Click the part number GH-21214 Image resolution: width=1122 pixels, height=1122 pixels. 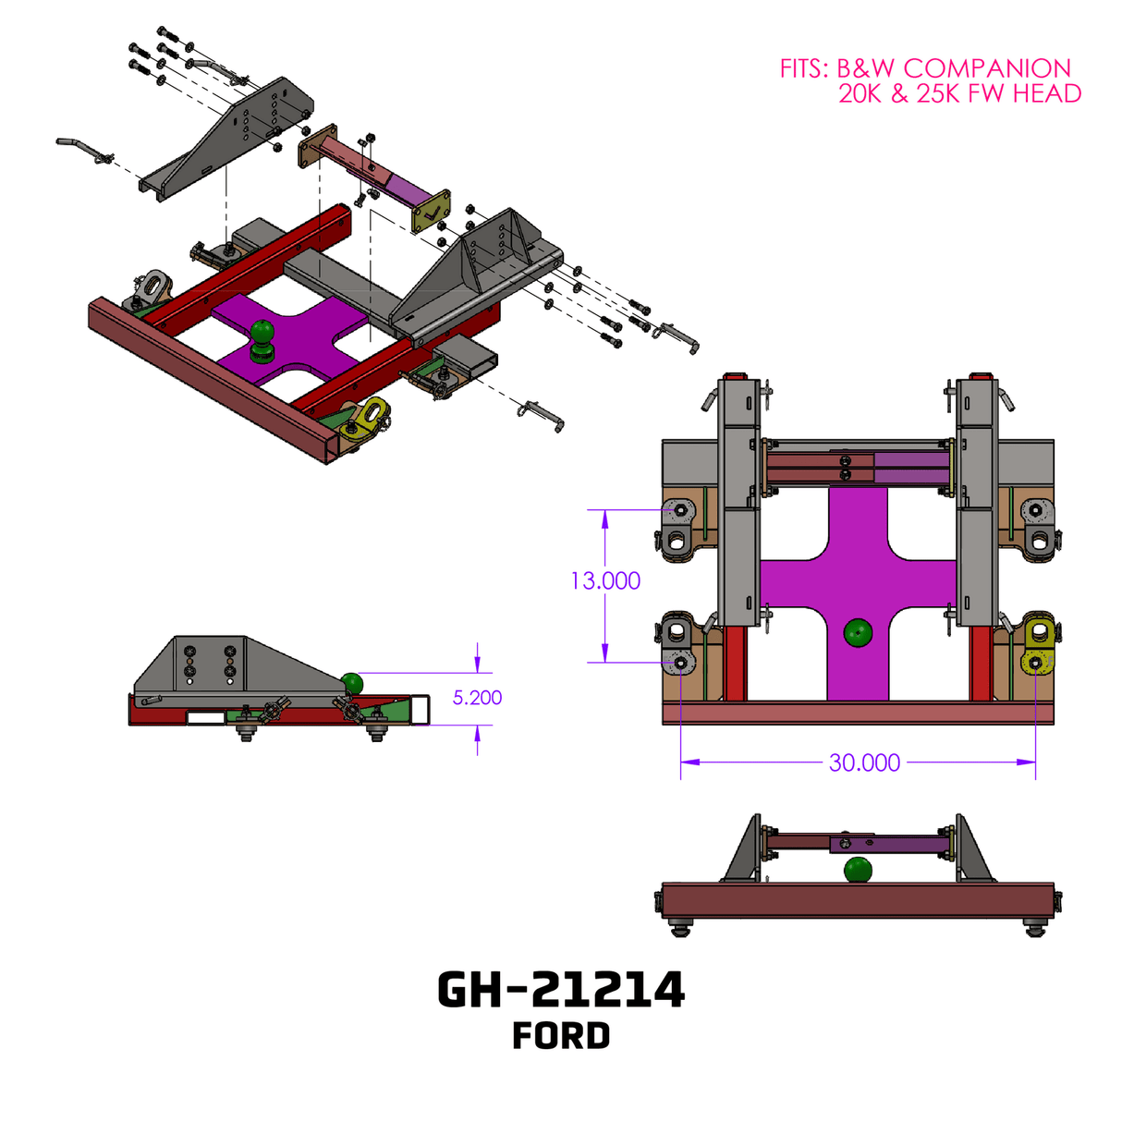pyautogui.click(x=560, y=990)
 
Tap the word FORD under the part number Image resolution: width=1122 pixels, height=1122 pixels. pyautogui.click(x=561, y=1036)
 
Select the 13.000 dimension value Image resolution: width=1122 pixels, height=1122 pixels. pyautogui.click(x=605, y=580)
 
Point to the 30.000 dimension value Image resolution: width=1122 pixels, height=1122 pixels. pyautogui.click(x=864, y=762)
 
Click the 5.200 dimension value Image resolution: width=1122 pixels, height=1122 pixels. pyautogui.click(x=477, y=698)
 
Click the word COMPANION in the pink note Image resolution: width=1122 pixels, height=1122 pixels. pyautogui.click(x=987, y=68)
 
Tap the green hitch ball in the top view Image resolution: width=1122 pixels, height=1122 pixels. pyautogui.click(x=858, y=633)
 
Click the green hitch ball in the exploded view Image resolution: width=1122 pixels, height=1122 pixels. pyautogui.click(x=262, y=333)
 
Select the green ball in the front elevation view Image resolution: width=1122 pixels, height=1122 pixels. pyautogui.click(x=858, y=870)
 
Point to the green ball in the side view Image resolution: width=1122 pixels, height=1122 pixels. pyautogui.click(x=352, y=683)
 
